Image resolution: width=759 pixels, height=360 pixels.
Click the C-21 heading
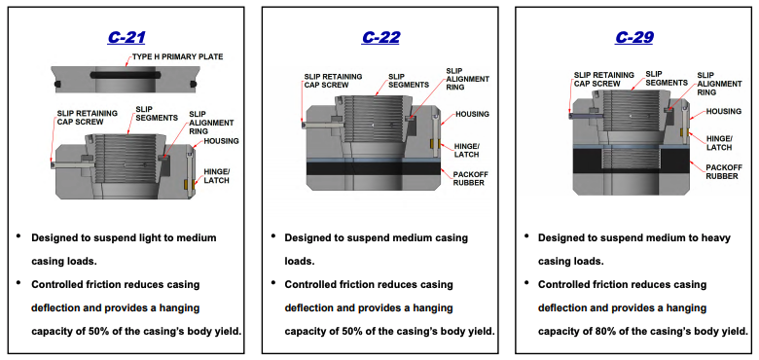127,38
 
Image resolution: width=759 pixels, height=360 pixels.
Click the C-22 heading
380,38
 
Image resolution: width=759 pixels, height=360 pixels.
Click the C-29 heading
634,38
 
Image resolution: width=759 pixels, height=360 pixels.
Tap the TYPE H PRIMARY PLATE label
178,57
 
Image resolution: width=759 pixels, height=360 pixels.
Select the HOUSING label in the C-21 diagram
222,142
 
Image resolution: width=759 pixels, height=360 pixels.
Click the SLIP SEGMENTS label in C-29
668,79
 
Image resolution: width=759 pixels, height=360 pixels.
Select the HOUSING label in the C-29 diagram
724,112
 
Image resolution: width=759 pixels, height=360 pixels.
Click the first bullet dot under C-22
273,237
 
